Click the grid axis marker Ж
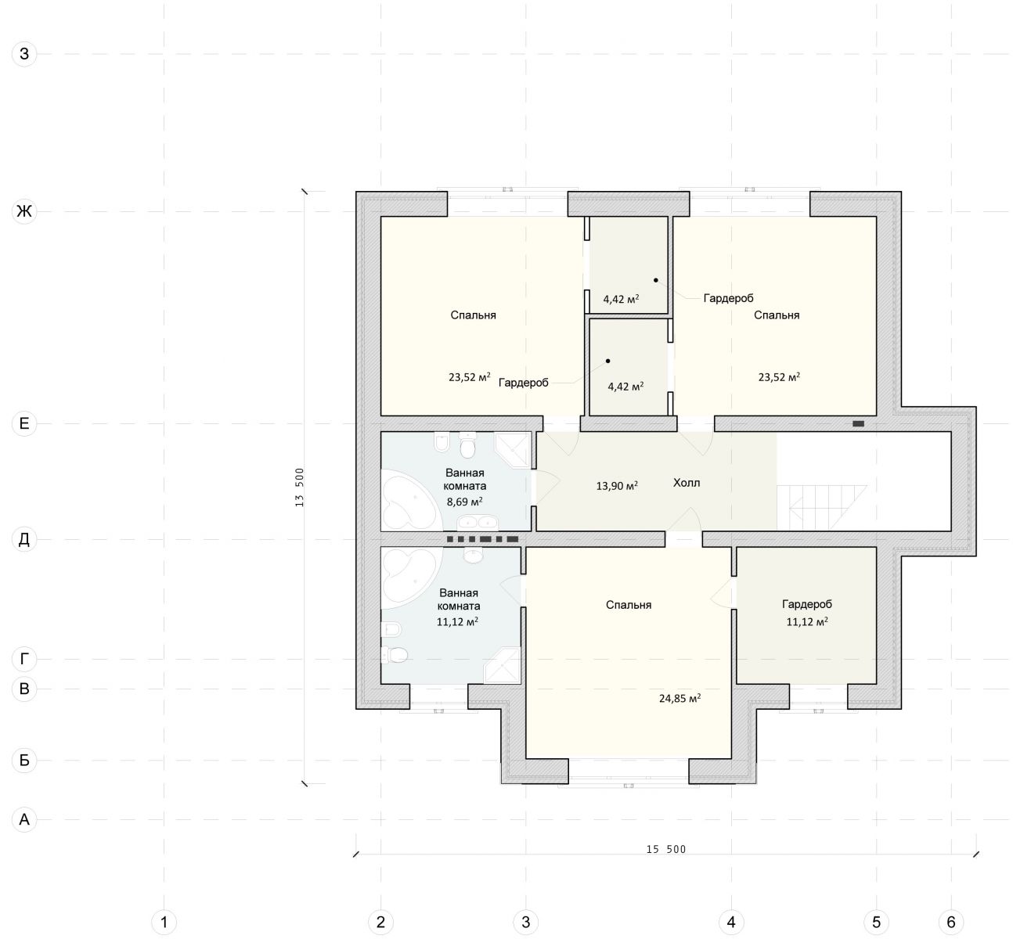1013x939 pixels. [x=24, y=210]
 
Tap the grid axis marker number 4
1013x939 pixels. [x=731, y=922]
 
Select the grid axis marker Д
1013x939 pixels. [x=24, y=539]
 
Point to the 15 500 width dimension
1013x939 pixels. [x=665, y=849]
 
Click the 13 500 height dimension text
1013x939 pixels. [x=299, y=487]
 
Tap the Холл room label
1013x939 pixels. [x=686, y=483]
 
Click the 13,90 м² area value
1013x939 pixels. [x=617, y=486]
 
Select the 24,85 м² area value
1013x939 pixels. [x=680, y=698]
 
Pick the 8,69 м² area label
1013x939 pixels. [x=465, y=502]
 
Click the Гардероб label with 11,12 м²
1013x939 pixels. [x=806, y=604]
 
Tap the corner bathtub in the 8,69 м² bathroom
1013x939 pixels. [x=412, y=503]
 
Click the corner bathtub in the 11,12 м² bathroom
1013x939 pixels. [x=412, y=575]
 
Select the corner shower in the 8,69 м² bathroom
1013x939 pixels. [x=514, y=450]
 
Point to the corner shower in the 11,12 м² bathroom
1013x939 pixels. [x=503, y=665]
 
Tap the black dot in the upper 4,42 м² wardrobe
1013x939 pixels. [x=655, y=280]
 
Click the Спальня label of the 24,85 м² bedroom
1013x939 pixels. [x=629, y=605]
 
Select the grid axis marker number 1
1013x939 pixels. [x=164, y=922]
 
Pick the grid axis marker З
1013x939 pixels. [x=24, y=53]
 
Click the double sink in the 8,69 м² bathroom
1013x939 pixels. [x=477, y=522]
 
